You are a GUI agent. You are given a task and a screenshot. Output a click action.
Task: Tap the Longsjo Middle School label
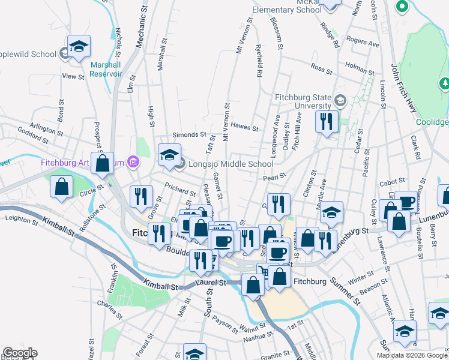click(x=231, y=164)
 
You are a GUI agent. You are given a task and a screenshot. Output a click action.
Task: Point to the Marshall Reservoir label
click(x=106, y=69)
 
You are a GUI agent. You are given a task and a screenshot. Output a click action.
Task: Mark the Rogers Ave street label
click(x=363, y=44)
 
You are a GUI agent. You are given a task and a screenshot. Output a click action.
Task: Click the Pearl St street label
click(x=273, y=177)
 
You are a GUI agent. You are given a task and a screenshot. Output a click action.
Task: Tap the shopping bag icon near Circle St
click(x=62, y=186)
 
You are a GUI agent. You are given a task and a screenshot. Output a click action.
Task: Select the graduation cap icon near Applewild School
click(x=79, y=47)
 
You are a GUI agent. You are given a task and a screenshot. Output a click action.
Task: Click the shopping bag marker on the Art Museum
click(x=103, y=162)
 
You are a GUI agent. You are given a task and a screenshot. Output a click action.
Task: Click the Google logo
click(x=20, y=353)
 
